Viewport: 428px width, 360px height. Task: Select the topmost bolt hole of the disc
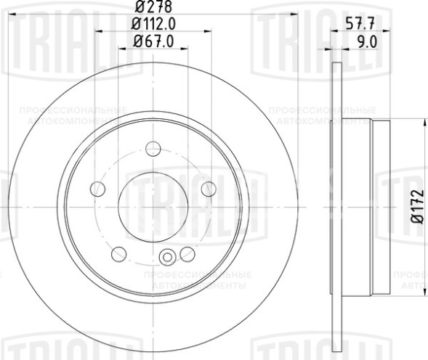[x=153, y=149]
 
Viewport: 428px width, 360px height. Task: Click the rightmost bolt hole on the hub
[x=208, y=189]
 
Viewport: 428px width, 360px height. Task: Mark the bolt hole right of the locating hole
[x=187, y=254]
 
